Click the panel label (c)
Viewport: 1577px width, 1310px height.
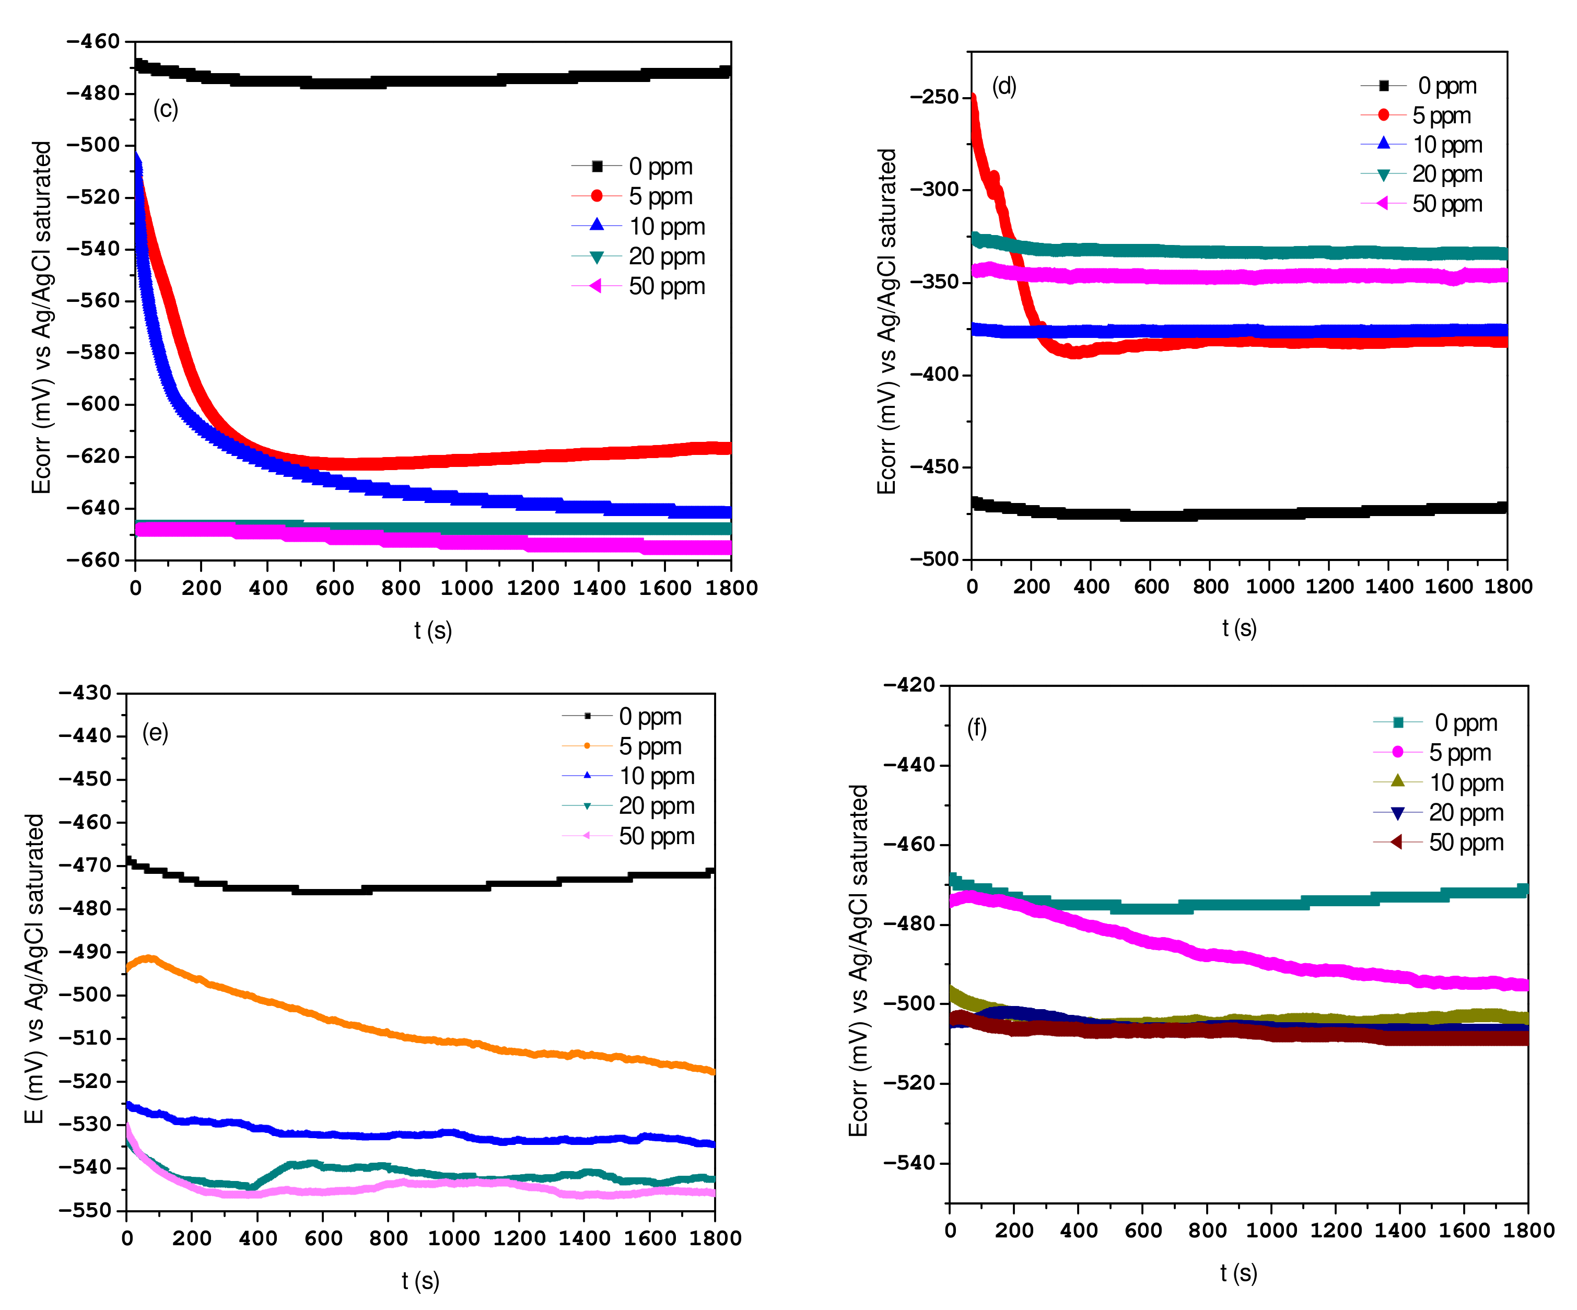click(x=165, y=110)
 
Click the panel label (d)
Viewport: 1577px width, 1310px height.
click(x=1003, y=86)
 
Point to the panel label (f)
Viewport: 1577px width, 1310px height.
click(x=976, y=728)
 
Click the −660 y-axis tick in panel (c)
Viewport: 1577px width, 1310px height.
click(x=93, y=560)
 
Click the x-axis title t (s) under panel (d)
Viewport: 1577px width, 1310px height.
click(x=1239, y=628)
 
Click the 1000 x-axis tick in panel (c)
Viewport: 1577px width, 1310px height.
click(x=466, y=588)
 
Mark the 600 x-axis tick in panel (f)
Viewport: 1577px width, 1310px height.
click(x=1142, y=1231)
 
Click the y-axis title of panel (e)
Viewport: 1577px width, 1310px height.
click(x=34, y=968)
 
